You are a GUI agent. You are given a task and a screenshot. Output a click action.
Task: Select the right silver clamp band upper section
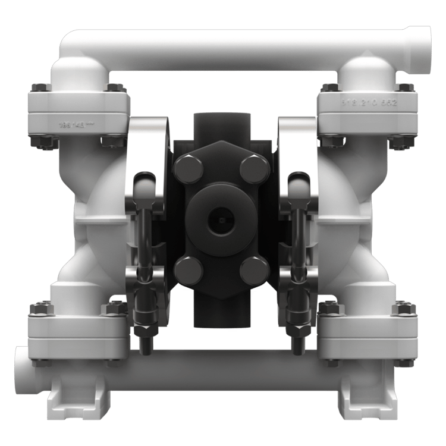tap(297, 143)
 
